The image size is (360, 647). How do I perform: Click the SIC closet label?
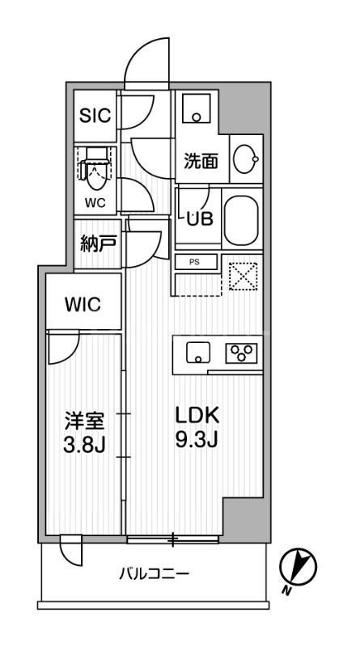[94, 115]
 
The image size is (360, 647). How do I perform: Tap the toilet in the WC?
[95, 167]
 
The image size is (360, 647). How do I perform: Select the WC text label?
[95, 203]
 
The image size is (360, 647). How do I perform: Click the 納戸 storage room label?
[98, 243]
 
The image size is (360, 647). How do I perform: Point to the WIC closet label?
[83, 305]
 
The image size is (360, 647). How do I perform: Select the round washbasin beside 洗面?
[244, 160]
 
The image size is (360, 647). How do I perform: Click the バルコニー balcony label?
[154, 575]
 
